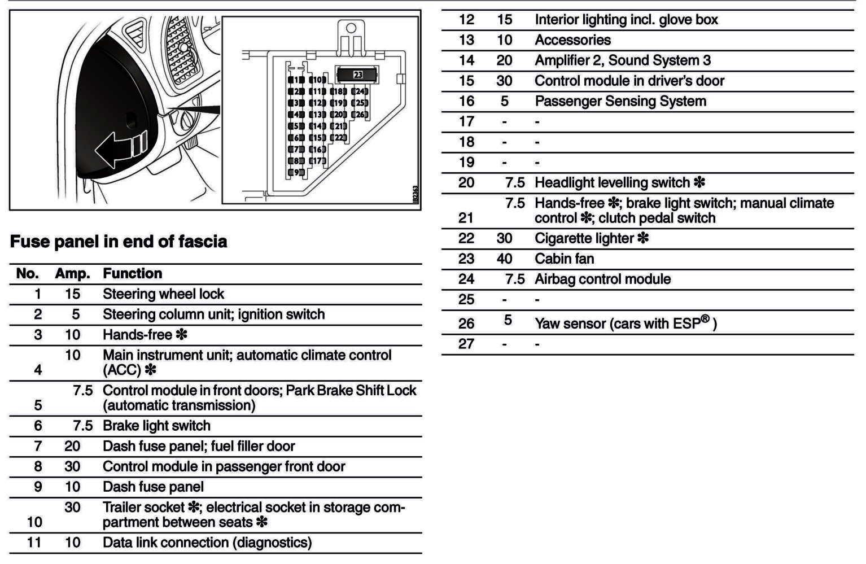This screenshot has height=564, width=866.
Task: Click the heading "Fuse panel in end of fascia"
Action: (x=119, y=242)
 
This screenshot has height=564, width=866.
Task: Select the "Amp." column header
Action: (x=72, y=274)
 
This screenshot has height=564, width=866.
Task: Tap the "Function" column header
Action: (x=132, y=274)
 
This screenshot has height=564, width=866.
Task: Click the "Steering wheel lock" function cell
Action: (x=163, y=294)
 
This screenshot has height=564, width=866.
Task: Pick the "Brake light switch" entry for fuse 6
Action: (x=156, y=426)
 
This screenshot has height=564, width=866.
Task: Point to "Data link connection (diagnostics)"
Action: (x=207, y=543)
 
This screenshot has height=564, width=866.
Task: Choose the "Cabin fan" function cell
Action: (x=564, y=259)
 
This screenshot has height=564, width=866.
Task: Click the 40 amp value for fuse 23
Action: (x=504, y=259)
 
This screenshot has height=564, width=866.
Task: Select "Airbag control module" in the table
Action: (x=602, y=279)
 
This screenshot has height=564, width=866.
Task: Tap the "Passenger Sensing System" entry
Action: (x=620, y=101)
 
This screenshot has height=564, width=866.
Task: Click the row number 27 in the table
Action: (x=466, y=344)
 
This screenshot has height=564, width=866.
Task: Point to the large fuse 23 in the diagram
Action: (x=357, y=75)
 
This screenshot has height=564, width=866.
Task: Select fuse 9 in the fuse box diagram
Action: (x=296, y=172)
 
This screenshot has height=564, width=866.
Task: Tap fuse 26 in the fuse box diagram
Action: (x=360, y=115)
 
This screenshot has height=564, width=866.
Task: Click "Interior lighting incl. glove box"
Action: (x=626, y=20)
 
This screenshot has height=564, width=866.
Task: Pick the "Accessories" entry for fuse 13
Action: (x=572, y=40)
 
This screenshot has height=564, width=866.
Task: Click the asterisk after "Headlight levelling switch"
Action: (x=699, y=182)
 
